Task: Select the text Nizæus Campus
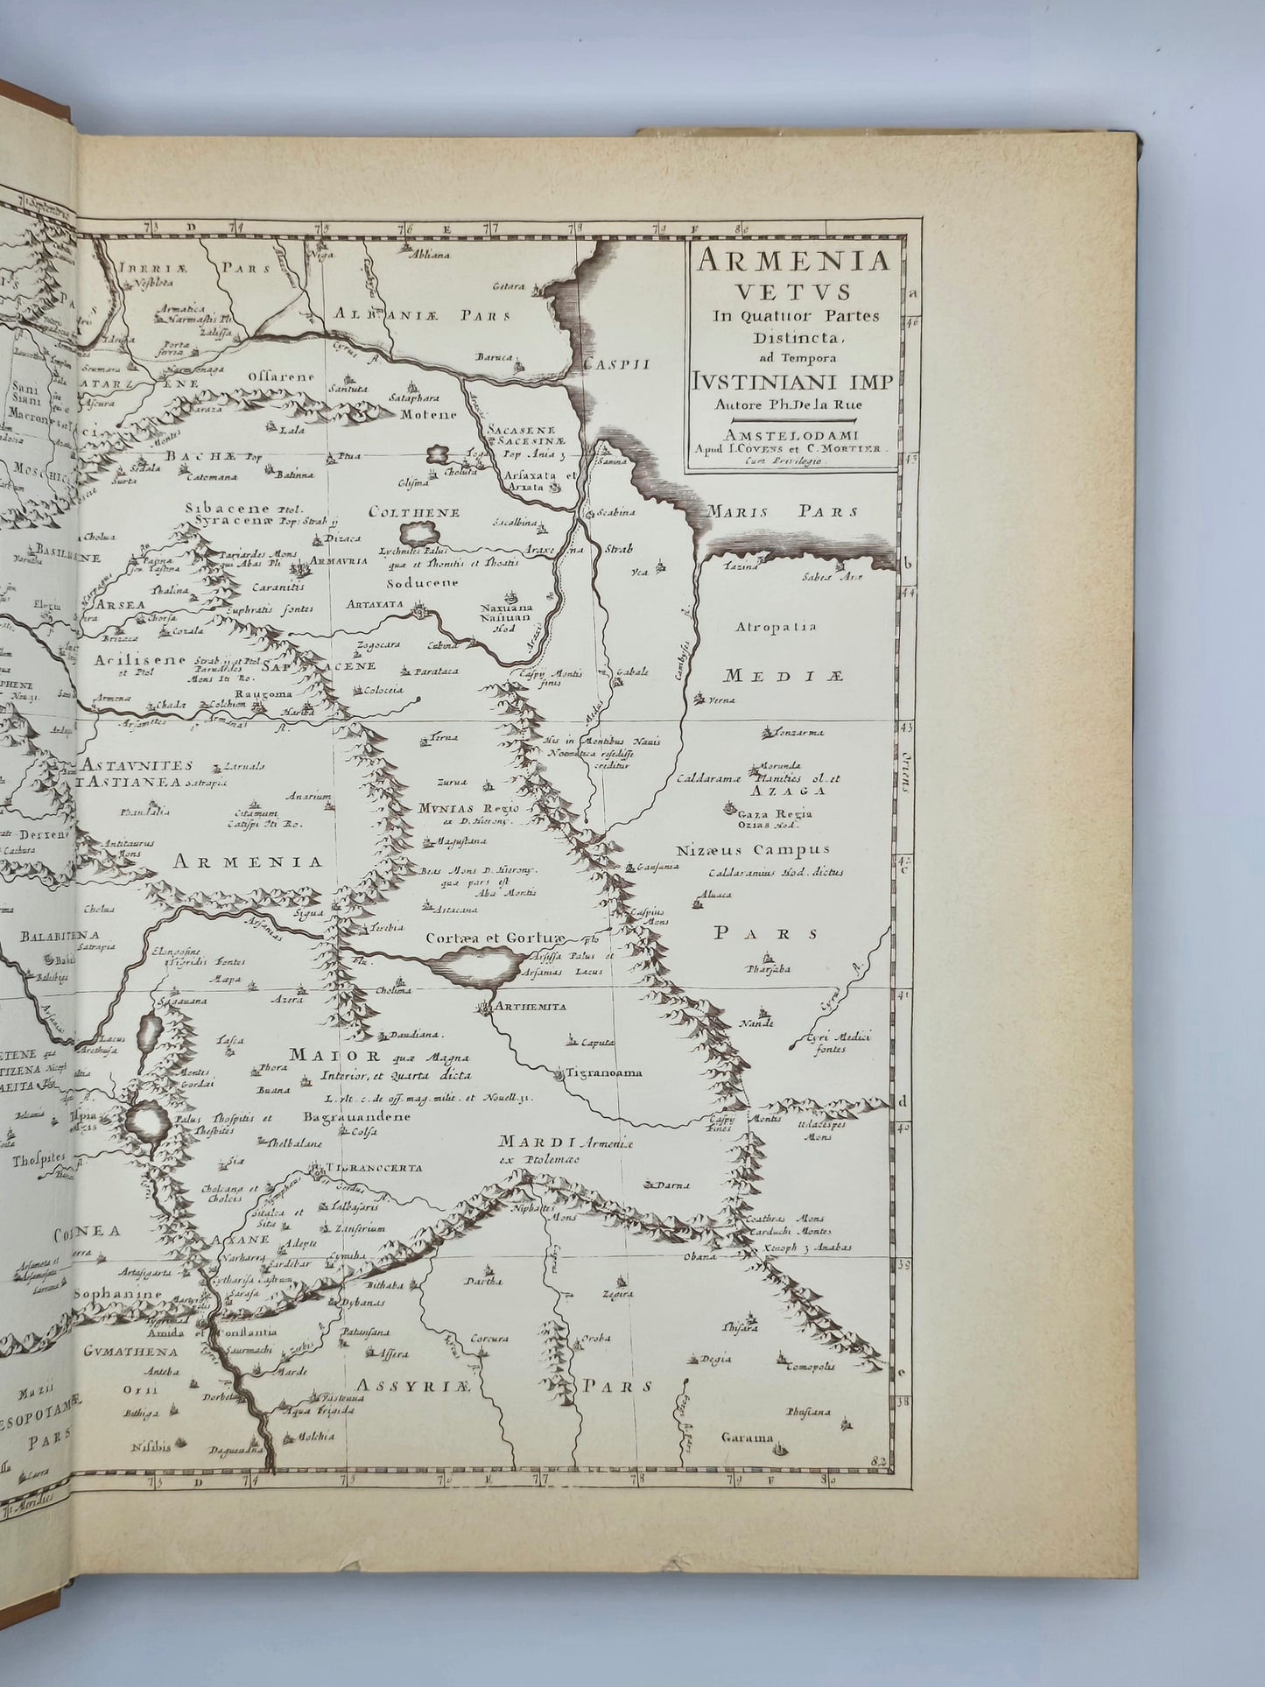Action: [x=753, y=849]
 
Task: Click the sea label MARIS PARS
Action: [x=784, y=512]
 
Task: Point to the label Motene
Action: [x=430, y=414]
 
